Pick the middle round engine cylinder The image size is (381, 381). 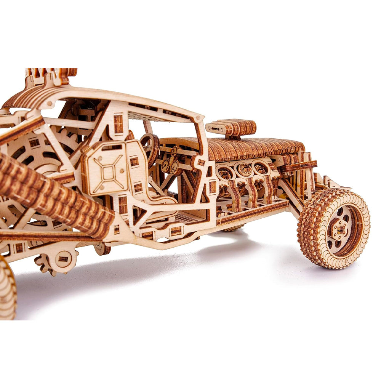(243, 170)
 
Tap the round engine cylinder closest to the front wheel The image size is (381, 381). (261, 167)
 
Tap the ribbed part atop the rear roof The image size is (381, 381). (51, 74)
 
